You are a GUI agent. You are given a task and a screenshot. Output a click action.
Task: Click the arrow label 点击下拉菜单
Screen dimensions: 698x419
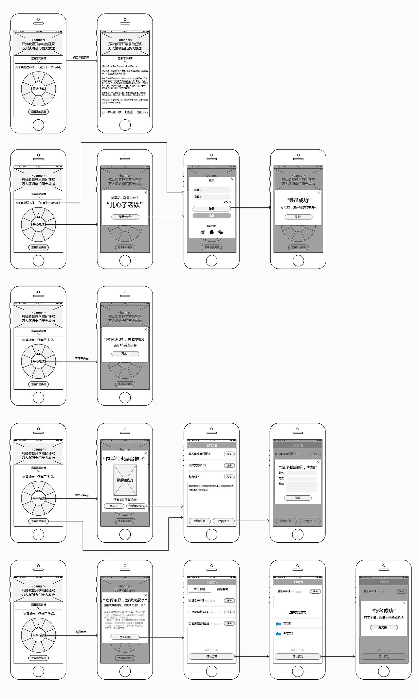[x=81, y=58]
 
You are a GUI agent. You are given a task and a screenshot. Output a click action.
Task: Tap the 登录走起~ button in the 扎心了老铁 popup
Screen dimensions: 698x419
[x=125, y=217]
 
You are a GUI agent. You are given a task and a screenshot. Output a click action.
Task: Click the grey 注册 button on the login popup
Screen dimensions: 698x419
[x=211, y=216]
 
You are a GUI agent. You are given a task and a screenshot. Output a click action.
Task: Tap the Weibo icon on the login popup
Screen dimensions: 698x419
[x=203, y=232]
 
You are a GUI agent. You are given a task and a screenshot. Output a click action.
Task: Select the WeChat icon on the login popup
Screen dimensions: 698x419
[x=221, y=232]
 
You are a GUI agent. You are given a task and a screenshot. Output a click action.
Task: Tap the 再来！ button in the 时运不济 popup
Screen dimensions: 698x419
[x=125, y=354]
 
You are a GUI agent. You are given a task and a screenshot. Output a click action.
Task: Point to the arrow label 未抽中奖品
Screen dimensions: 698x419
[x=82, y=358]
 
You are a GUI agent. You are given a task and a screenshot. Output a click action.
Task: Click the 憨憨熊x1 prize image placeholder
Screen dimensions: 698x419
[x=125, y=480]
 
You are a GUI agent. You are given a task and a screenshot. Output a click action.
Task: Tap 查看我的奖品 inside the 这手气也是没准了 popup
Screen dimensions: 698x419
[x=136, y=506]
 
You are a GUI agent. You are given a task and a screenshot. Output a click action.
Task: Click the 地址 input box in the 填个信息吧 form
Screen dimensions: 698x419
[x=301, y=487]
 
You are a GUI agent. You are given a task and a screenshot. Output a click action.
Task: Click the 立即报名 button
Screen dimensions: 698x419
[x=125, y=637]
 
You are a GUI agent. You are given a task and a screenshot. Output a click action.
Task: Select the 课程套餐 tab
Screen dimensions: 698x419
[x=222, y=589]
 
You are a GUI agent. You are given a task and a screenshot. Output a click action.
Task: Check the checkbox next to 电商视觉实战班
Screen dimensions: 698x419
[x=190, y=612]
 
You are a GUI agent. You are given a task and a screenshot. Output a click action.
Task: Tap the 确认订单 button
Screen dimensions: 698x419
[x=211, y=656]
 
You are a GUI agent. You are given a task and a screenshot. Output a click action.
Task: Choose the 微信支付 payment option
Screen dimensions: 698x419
[x=288, y=633]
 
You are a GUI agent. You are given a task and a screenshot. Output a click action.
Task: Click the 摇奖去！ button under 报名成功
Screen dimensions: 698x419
[x=384, y=627]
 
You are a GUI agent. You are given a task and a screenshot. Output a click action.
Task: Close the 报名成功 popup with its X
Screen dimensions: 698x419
[x=404, y=603]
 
